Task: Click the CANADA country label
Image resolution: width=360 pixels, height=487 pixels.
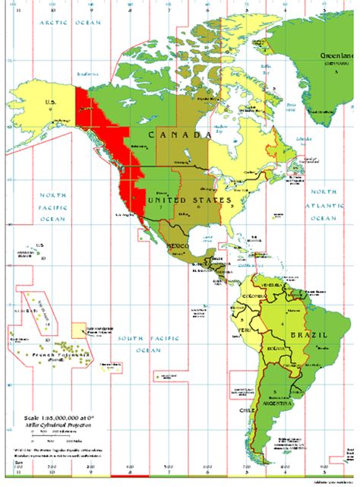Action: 179,135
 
